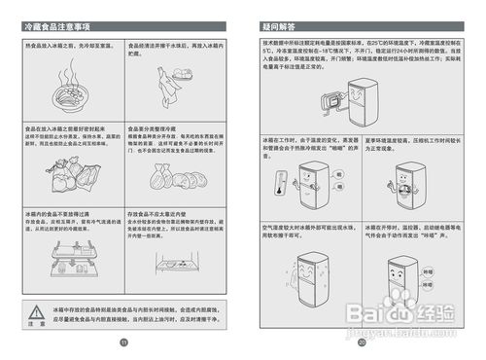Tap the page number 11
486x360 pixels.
point(123,342)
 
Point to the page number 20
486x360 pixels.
point(362,342)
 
